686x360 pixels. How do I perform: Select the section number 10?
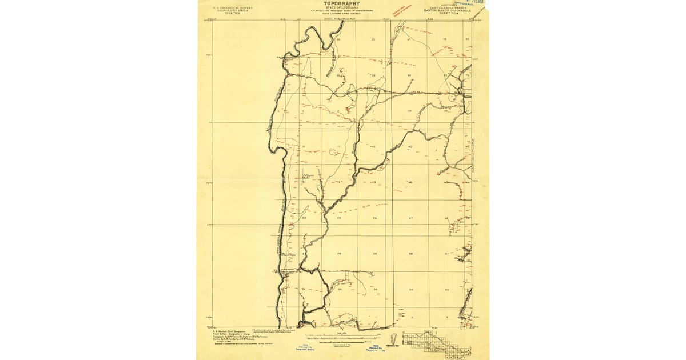[303, 147]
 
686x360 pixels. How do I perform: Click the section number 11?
[338, 147]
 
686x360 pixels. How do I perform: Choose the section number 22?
[304, 218]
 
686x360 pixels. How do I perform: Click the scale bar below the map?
[343, 334]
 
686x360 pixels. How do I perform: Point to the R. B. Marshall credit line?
[224, 330]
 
